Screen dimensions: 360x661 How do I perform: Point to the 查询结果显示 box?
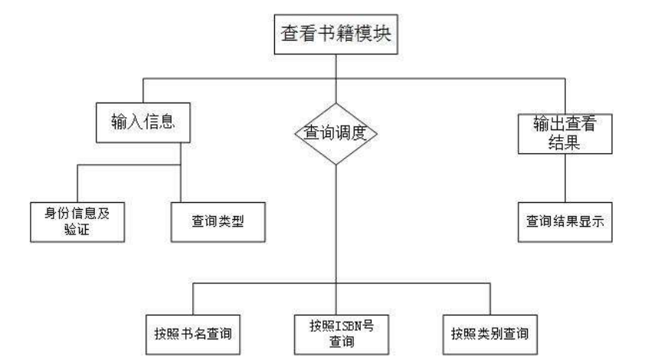[x=564, y=220]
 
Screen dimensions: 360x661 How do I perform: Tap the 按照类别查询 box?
[x=489, y=334]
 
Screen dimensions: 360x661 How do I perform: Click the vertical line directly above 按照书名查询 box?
[x=192, y=297]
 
